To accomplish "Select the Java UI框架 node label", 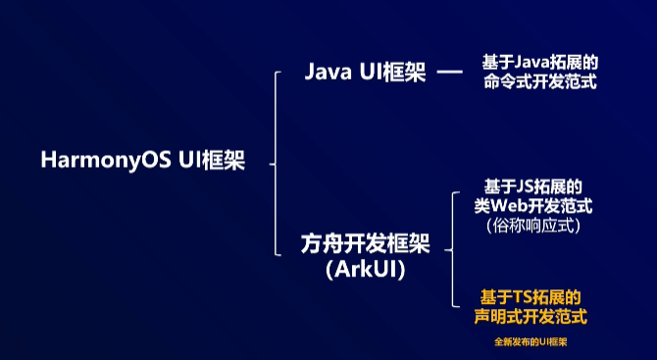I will tap(365, 74).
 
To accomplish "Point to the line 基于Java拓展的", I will tap(539, 62).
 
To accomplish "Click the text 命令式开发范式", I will tap(539, 82).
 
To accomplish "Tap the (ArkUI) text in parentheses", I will tap(365, 269).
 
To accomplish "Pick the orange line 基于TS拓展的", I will tap(531, 296).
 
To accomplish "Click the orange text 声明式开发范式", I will tap(531, 317).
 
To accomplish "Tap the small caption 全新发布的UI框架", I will tap(531, 342).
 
